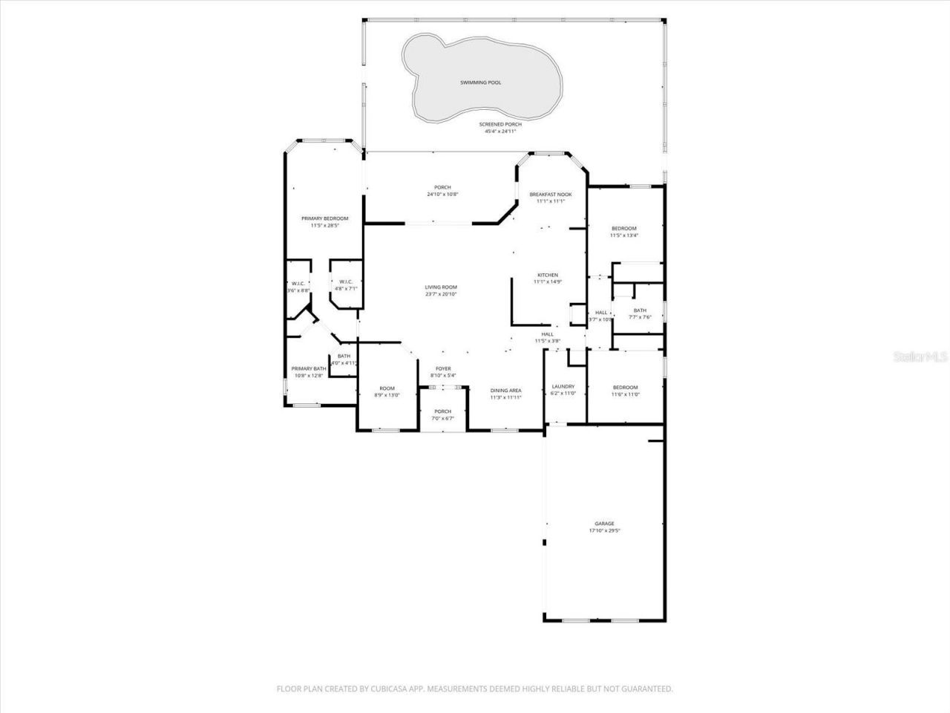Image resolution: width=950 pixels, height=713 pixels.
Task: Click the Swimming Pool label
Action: click(x=480, y=82)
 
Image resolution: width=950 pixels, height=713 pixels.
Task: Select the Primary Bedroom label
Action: click(x=324, y=218)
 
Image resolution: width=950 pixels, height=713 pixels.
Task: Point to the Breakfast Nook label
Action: click(x=550, y=195)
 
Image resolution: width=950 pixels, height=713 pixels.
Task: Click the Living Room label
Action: click(x=441, y=287)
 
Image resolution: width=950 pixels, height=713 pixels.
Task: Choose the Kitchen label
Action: click(x=548, y=275)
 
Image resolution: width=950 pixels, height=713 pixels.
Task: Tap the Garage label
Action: click(x=604, y=524)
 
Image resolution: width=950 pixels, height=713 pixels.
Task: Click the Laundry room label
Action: click(x=563, y=386)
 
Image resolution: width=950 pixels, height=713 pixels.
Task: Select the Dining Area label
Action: click(x=505, y=390)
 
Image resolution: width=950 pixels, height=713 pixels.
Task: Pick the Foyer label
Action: click(x=443, y=368)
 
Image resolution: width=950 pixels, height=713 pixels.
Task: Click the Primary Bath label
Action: click(x=308, y=369)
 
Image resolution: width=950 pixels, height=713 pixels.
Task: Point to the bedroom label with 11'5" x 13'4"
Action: click(x=624, y=228)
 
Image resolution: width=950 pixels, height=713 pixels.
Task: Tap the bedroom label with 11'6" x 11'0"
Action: click(x=625, y=388)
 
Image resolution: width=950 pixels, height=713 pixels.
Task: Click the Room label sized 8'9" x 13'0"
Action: click(x=387, y=388)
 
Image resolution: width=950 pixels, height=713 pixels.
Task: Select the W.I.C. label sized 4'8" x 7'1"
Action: click(x=346, y=281)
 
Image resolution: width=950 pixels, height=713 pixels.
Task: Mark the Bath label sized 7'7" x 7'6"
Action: click(x=640, y=310)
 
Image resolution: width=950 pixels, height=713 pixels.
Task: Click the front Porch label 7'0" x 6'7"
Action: click(x=442, y=411)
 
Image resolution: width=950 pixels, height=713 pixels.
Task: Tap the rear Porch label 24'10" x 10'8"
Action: click(x=442, y=187)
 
